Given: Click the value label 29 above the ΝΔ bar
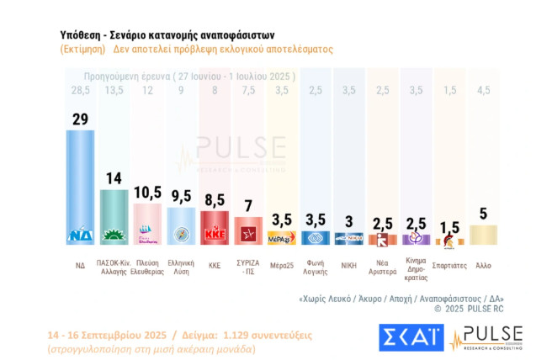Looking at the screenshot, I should coord(80,119).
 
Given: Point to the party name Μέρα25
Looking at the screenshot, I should coord(281,265).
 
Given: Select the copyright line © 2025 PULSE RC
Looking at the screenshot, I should coord(467,309).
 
